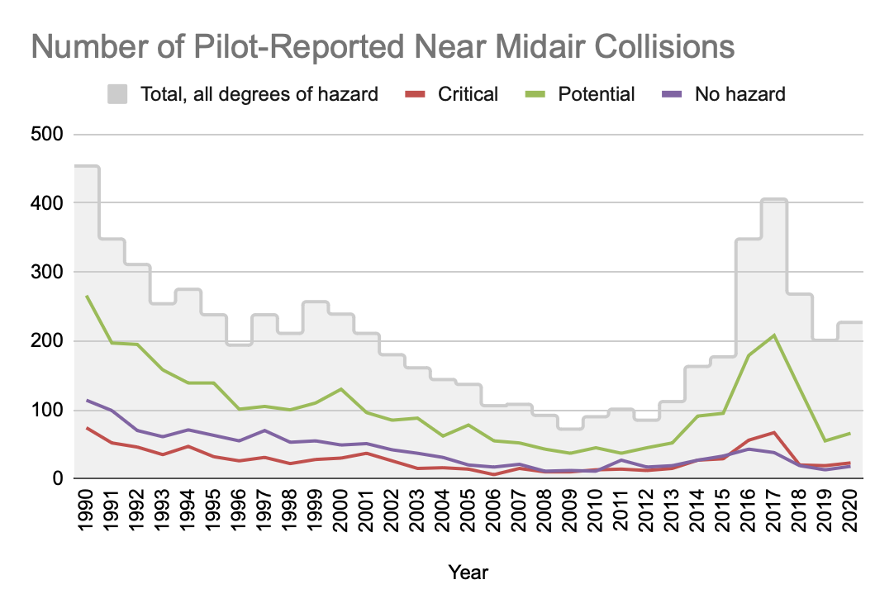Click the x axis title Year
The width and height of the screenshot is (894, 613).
click(468, 572)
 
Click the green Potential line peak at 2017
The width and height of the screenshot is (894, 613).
click(773, 335)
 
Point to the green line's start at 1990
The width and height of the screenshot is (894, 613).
click(87, 296)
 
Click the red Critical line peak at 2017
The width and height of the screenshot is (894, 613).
click(773, 432)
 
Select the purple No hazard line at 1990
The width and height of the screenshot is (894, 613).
click(87, 400)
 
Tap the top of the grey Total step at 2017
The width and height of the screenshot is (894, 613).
click(773, 199)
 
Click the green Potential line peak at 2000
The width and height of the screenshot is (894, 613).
click(340, 389)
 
